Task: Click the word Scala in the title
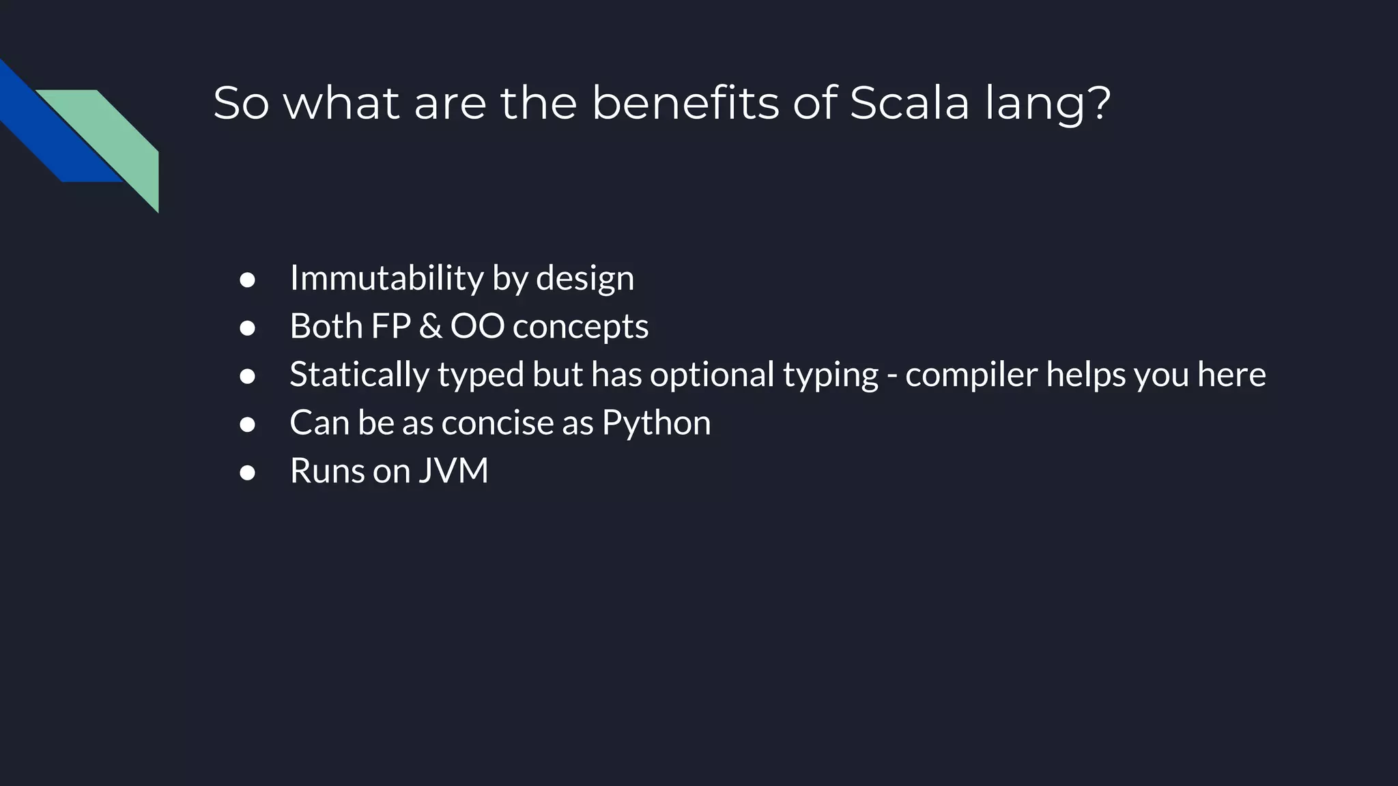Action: pyautogui.click(x=909, y=104)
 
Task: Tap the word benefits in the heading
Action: pyautogui.click(x=685, y=104)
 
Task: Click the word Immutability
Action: pyautogui.click(x=386, y=278)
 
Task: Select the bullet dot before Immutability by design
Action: pyautogui.click(x=247, y=280)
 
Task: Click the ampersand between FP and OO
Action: pyautogui.click(x=430, y=327)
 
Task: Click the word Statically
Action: pyautogui.click(x=360, y=375)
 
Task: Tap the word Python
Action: pyautogui.click(x=656, y=423)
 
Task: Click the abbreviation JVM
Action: pyautogui.click(x=453, y=471)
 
